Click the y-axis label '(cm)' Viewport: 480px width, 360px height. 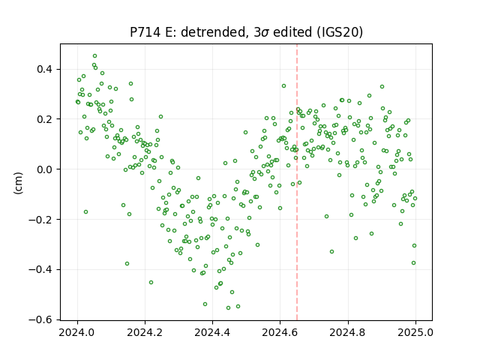click(18, 183)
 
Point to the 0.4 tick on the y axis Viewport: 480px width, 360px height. click(45, 69)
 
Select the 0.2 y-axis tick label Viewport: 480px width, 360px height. click(45, 119)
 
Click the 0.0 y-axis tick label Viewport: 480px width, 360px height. click(45, 169)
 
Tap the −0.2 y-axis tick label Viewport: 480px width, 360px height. click(40, 220)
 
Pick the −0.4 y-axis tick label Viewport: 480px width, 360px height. click(40, 270)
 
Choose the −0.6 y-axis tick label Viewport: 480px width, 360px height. click(40, 319)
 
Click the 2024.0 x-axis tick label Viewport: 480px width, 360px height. click(77, 332)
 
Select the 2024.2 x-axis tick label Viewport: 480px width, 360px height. click(145, 332)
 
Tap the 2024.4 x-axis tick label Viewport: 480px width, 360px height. click(212, 332)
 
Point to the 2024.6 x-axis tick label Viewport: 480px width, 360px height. click(280, 332)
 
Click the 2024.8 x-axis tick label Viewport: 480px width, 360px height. click(348, 332)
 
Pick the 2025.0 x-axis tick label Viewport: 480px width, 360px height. click(415, 332)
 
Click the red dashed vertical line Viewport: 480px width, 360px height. click(297, 182)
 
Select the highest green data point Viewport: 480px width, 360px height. click(95, 56)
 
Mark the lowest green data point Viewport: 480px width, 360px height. click(228, 307)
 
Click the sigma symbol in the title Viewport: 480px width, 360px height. click(265, 33)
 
